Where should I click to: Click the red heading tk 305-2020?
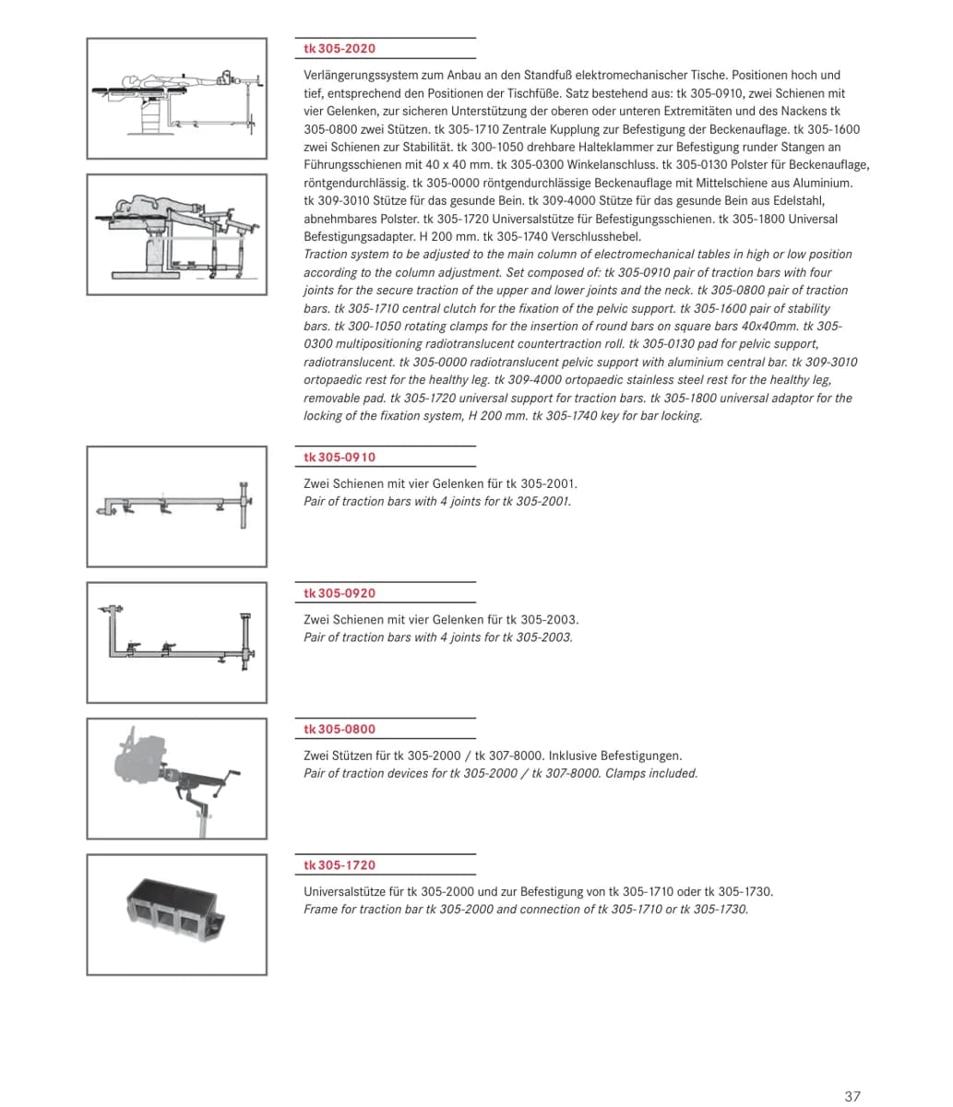340,49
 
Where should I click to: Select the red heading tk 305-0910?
340,457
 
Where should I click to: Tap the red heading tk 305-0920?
340,593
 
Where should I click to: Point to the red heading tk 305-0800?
340,729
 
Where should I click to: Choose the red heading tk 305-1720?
340,865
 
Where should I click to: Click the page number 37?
852,1096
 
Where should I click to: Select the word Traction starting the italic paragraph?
325,254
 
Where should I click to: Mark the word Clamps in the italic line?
625,773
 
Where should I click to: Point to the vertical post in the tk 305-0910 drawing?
244,505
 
